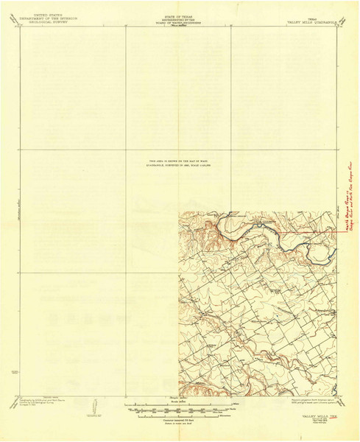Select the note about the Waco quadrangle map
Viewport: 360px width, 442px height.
(x=179, y=164)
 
